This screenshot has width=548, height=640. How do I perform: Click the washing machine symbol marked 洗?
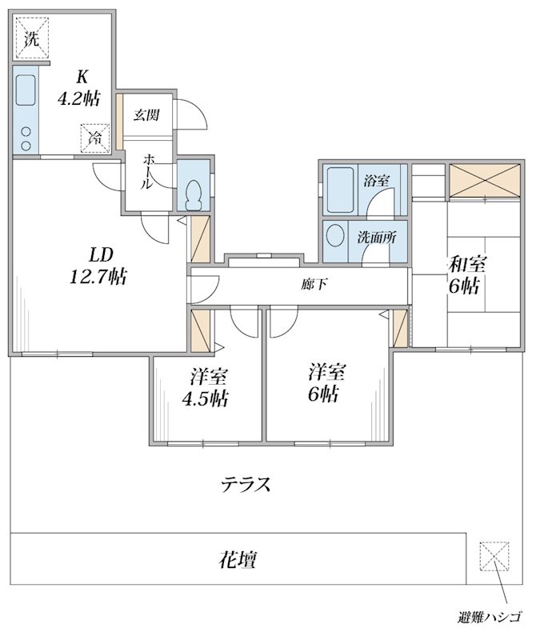point(32,38)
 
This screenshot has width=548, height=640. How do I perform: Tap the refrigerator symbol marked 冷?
point(95,138)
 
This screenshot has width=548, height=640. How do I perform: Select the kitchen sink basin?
point(26,90)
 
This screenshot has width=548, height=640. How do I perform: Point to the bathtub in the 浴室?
point(341,189)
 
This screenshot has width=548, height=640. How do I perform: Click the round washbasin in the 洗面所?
point(336,235)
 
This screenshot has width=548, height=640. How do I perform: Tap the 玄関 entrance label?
point(146,115)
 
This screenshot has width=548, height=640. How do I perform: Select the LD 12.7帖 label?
point(99,266)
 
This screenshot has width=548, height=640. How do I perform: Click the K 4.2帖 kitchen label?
point(79,88)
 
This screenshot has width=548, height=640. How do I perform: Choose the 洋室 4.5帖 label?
point(206,388)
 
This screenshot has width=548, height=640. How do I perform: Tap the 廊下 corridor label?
point(314,284)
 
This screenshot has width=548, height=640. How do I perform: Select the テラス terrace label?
point(246,485)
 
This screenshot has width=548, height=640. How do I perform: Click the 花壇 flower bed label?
point(238,559)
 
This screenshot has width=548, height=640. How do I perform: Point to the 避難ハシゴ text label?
point(490,617)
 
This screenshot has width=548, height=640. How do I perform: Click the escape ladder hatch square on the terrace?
point(494,556)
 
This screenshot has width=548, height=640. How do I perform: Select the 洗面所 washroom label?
point(377,238)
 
